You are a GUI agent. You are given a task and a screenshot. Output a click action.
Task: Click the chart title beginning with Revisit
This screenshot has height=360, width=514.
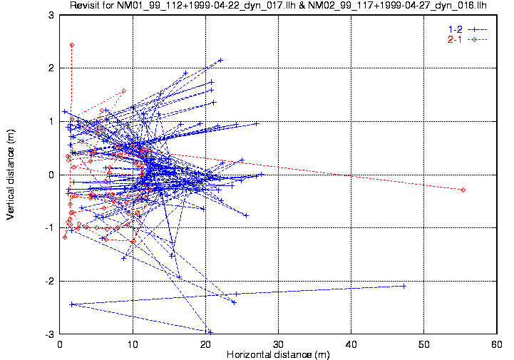point(277,6)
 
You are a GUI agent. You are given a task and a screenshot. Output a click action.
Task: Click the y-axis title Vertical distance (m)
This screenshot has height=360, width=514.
point(11,175)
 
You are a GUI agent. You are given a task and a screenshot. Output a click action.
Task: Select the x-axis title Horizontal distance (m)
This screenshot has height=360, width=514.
point(278,354)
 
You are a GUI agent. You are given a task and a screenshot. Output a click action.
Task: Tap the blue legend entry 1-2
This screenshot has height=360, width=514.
point(453,29)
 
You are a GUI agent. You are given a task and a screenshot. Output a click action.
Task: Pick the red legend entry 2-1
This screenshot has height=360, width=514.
point(453,39)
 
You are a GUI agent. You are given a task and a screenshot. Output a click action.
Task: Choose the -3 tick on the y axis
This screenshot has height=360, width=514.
point(49,334)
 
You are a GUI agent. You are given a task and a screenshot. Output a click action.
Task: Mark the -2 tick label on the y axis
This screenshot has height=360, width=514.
point(49,282)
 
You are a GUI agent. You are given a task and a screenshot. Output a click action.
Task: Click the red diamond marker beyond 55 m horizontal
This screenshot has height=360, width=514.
point(463,190)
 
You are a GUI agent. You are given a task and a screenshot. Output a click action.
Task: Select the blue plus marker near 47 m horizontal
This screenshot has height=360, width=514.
point(404,286)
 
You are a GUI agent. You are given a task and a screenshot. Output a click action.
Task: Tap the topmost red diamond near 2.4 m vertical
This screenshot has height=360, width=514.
point(72,45)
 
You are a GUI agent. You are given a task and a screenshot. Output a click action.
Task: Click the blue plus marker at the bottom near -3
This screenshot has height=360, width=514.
point(210,331)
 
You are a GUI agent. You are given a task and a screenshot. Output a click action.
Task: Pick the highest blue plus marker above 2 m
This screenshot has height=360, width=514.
point(221,60)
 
